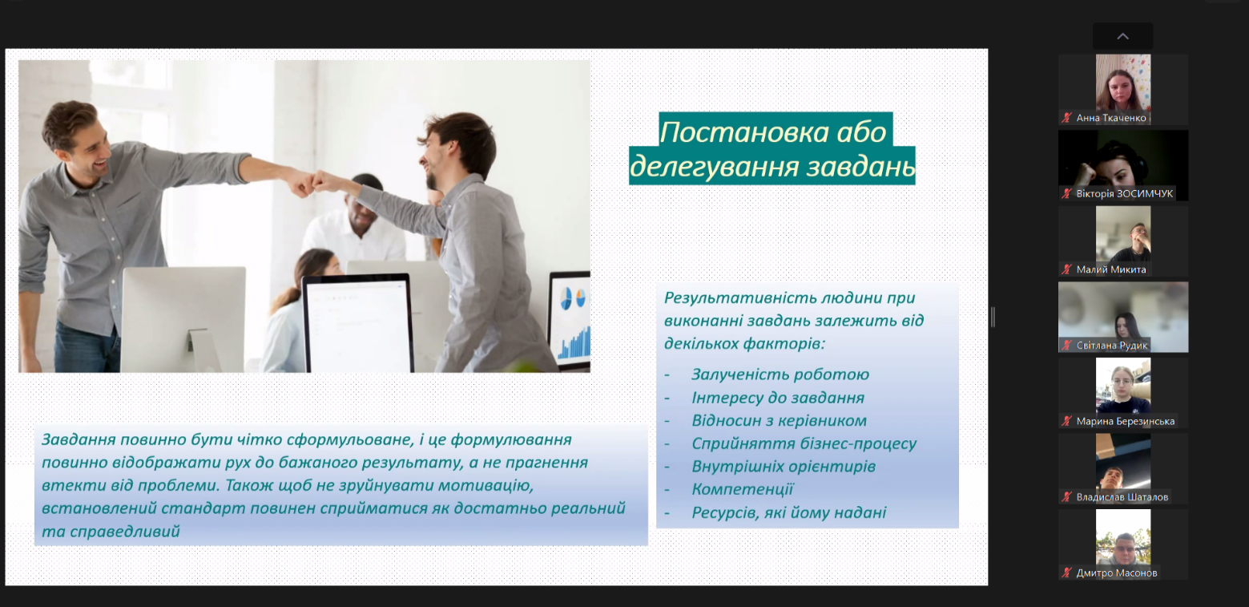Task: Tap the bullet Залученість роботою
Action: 780,374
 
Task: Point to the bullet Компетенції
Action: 742,489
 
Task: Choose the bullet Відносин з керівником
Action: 779,420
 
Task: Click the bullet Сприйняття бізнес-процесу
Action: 804,443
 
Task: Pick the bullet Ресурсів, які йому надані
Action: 789,512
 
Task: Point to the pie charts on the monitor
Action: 573,298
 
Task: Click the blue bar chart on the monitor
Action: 574,342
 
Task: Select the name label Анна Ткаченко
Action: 1110,118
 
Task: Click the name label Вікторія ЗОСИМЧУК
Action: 1124,193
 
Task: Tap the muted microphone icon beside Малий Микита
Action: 1066,269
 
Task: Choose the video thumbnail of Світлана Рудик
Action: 1123,317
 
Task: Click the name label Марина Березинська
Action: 1125,421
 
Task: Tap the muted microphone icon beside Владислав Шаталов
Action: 1066,497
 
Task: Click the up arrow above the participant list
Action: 1123,37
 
